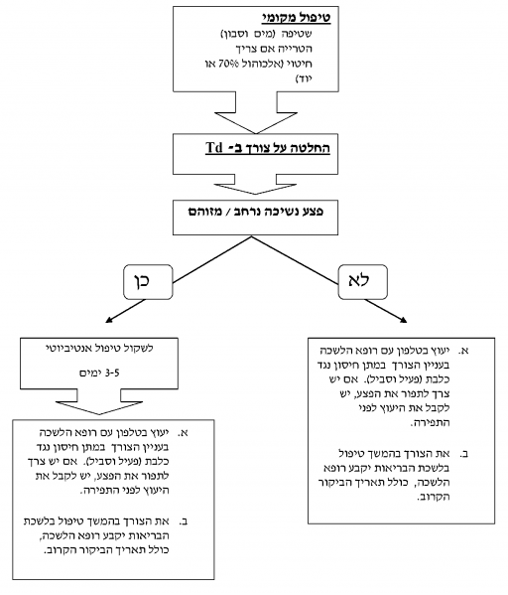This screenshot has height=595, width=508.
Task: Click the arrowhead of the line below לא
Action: [403, 317]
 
